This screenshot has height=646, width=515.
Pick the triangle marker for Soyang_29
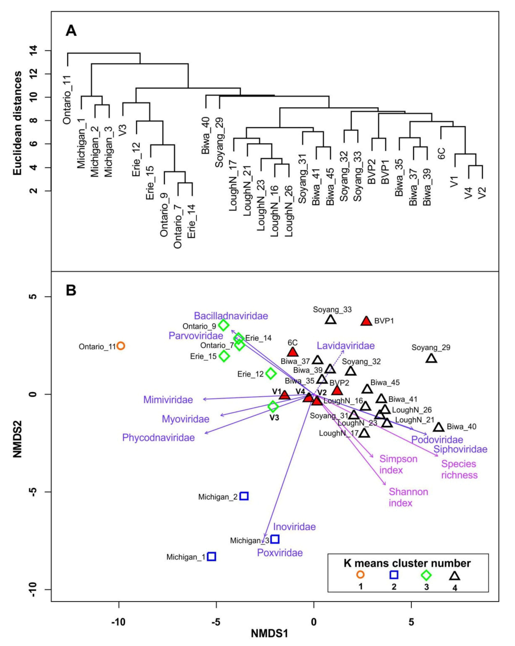[431, 358]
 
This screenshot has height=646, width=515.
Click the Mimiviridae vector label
[168, 400]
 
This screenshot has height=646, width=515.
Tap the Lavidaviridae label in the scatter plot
[346, 346]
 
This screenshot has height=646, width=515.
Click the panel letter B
[71, 290]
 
